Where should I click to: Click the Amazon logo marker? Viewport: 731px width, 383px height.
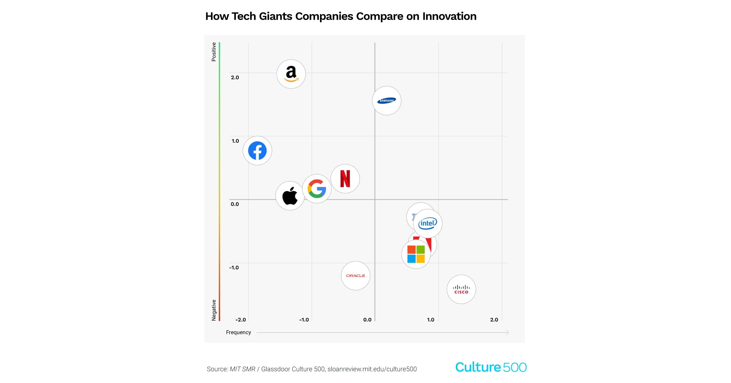coord(291,74)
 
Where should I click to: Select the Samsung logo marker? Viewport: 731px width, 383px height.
coord(386,100)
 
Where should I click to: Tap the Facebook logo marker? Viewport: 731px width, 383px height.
coord(257,150)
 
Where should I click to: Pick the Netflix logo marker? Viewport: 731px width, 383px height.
coord(345,178)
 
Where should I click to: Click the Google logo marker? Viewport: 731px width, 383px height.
coord(317,188)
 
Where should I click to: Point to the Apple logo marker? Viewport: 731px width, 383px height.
coord(290,196)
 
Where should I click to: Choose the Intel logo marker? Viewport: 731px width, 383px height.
coord(428,223)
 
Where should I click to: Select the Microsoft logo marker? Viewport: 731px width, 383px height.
coord(416,254)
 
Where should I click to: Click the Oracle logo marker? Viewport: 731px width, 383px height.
coord(355,276)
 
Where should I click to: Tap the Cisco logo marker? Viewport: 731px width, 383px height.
coord(461,289)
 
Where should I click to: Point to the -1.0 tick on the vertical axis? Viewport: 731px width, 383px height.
coord(234,267)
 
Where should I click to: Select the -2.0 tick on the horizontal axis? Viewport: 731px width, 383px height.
coord(240,320)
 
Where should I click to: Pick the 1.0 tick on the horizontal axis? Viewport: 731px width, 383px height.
coord(431,320)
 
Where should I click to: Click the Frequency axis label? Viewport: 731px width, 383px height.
coord(238,332)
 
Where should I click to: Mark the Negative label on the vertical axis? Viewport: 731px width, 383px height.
coord(214,310)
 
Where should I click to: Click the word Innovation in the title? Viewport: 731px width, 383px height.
coord(449,16)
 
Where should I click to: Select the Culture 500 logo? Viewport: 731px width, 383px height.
coord(491,367)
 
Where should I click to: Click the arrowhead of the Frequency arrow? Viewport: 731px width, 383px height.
coord(507,333)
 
